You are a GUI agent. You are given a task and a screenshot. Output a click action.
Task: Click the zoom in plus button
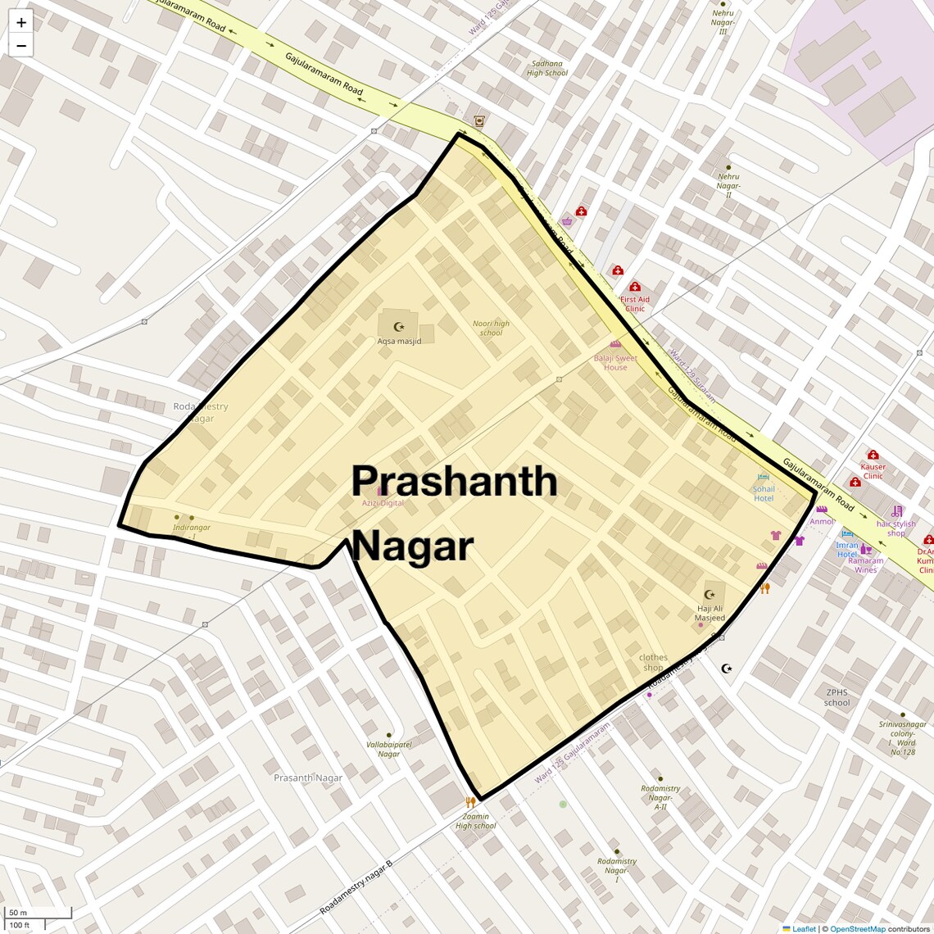coord(21,23)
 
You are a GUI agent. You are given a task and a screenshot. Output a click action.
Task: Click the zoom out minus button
coord(21,46)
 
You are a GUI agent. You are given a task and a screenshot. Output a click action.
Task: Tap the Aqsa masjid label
coord(399,341)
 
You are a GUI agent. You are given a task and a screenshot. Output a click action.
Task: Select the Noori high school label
coord(491,328)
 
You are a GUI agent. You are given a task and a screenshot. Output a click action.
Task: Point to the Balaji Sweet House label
coord(615,362)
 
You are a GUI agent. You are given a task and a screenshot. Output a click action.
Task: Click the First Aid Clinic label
coord(635,303)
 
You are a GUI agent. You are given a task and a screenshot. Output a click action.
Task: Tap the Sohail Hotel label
coord(764,493)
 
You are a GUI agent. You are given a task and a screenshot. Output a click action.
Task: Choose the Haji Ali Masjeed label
coord(710,613)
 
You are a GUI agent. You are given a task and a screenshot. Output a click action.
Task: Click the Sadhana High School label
coord(547,68)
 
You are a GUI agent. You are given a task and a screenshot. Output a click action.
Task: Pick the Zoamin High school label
coord(475,821)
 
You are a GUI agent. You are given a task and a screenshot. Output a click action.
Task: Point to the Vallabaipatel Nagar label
coord(389,749)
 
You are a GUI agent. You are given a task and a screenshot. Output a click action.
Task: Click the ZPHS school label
coord(837,697)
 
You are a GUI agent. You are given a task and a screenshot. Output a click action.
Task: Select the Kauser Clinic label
coord(873,471)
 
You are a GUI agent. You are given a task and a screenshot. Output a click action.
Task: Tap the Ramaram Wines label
coord(866,564)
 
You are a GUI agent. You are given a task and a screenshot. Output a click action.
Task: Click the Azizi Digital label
coord(383,503)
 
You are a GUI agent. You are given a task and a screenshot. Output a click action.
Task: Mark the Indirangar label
coord(192,527)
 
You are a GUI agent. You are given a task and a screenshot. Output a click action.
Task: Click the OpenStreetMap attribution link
coord(858,928)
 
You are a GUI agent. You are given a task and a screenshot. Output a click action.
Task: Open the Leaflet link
coord(804,928)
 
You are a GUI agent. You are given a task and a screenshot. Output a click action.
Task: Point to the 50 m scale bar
coord(18,913)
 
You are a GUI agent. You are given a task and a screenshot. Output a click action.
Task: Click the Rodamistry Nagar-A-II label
coord(660,797)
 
